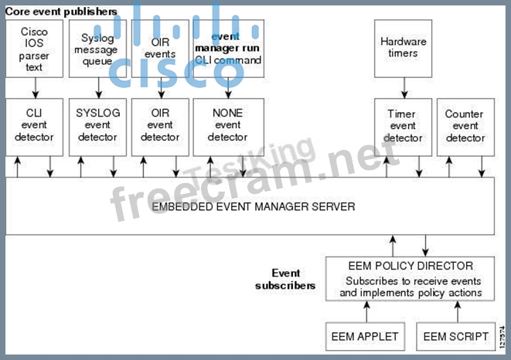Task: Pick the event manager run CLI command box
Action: coord(228,48)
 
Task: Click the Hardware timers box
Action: coord(403,48)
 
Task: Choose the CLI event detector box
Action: coord(34,125)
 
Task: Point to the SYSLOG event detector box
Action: coord(97,125)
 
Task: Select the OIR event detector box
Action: coord(159,125)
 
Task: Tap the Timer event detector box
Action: coord(403,125)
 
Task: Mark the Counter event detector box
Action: coord(465,125)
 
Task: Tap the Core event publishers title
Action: coord(62,12)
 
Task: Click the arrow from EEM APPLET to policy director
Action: coord(366,311)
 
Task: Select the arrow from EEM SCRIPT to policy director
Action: coord(457,311)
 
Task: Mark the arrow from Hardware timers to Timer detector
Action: coord(403,87)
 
